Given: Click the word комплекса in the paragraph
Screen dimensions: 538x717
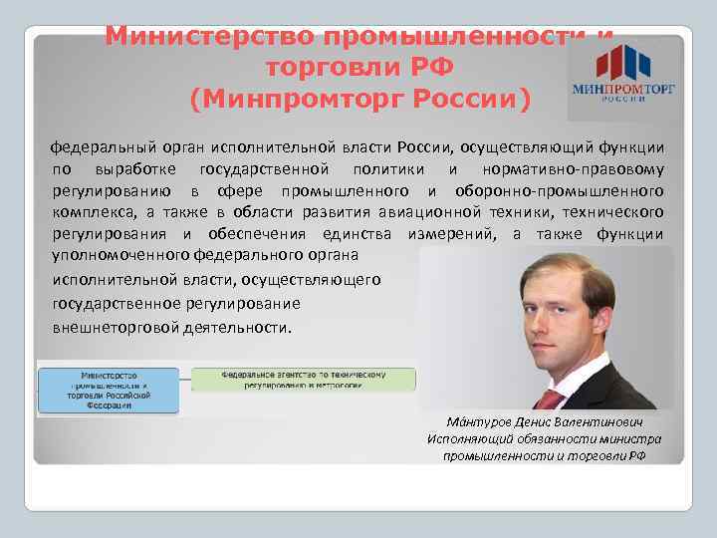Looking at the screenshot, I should (92, 212).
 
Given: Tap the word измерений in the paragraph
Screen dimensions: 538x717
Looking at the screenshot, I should (452, 234).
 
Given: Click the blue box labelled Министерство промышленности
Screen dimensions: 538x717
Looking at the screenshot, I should (108, 387).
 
